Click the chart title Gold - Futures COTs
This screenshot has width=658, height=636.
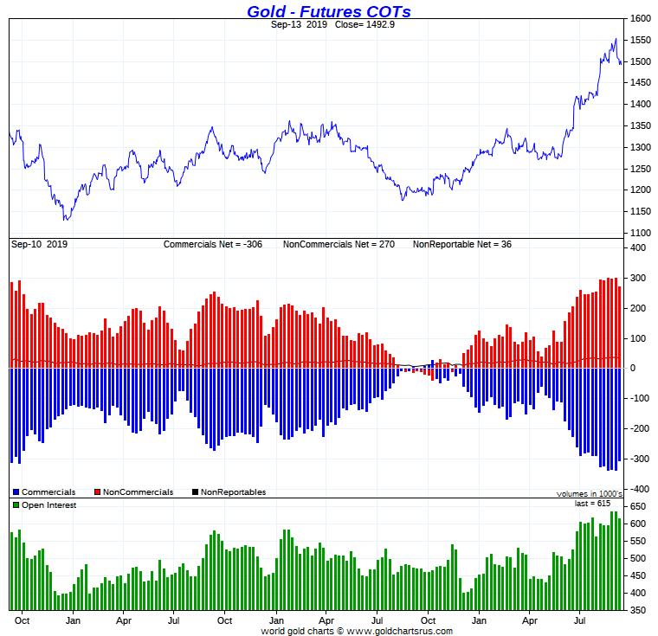pos(328,11)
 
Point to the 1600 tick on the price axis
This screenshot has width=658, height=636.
pos(640,19)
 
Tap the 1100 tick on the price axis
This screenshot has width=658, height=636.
pos(640,233)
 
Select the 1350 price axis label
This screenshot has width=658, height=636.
pos(640,126)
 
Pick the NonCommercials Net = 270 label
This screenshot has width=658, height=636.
pos(339,245)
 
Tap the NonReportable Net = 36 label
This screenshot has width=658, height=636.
pos(461,245)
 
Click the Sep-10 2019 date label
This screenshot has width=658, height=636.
pos(39,245)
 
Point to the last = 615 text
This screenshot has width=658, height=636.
pos(592,504)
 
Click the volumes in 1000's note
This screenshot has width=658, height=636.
pos(589,494)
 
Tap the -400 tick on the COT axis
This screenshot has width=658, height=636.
pos(638,490)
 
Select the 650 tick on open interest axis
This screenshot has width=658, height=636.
pos(638,507)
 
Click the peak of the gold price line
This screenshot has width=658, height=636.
pos(616,39)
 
